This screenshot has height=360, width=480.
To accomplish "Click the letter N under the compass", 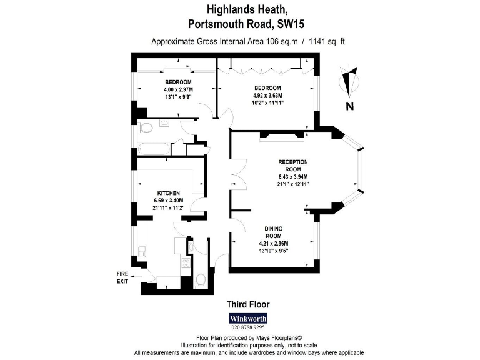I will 350,107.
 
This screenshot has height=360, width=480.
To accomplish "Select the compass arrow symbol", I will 349,81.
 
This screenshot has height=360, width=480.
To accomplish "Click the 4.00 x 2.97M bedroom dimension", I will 178,90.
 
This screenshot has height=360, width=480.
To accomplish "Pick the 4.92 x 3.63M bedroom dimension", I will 267,95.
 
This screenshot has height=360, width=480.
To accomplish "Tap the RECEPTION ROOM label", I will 293,166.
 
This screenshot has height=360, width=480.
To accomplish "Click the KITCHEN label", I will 169,192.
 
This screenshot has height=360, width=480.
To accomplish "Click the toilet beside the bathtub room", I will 145,128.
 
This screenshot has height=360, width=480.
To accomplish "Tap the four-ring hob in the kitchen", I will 186,263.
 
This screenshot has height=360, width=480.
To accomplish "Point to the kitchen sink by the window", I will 143,253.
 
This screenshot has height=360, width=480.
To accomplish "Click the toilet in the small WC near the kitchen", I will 201,279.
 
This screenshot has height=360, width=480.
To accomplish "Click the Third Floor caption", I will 247,305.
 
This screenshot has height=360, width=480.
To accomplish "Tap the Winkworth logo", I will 247,317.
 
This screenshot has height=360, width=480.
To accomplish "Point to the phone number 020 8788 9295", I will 247,327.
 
